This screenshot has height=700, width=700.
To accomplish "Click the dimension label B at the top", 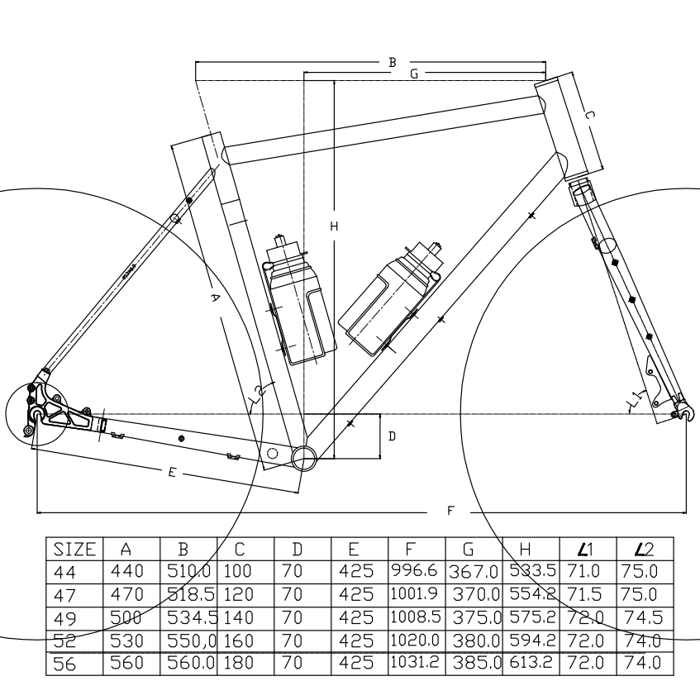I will (x=393, y=62).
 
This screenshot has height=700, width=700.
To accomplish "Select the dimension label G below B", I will (x=414, y=74).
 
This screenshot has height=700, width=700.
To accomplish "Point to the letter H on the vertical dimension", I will (x=334, y=226).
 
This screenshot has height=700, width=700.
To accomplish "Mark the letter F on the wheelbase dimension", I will (x=450, y=511).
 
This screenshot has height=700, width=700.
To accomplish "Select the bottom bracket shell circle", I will (x=303, y=456).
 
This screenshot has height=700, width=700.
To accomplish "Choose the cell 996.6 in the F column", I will (x=417, y=570).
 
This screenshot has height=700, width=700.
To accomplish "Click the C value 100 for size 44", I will (x=236, y=570).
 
